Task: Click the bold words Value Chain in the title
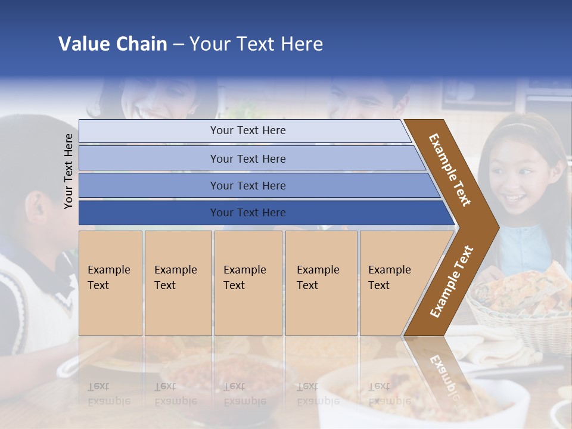pyautogui.click(x=113, y=44)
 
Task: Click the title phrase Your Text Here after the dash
pyautogui.click(x=256, y=44)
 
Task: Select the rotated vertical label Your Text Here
pyautogui.click(x=69, y=171)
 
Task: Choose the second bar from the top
pyautogui.click(x=247, y=158)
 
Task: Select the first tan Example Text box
pyautogui.click(x=110, y=283)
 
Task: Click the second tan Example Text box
pyautogui.click(x=178, y=283)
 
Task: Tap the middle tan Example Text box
pyautogui.click(x=248, y=283)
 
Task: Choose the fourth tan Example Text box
pyautogui.click(x=321, y=283)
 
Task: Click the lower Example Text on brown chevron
pyautogui.click(x=452, y=282)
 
